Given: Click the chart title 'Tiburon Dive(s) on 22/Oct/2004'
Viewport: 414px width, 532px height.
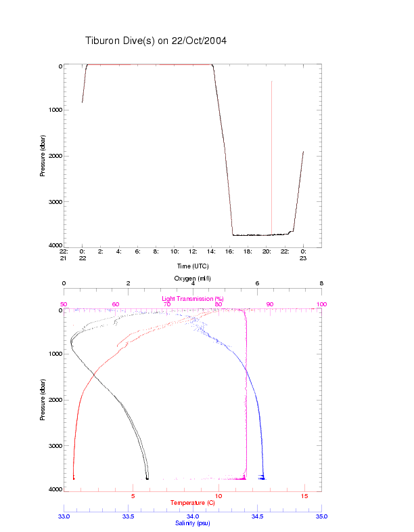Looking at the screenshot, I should [156, 41].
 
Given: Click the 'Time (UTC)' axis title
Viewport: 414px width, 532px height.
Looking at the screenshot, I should [192, 266].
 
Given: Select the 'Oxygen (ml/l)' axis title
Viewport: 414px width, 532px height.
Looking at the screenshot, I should [193, 279].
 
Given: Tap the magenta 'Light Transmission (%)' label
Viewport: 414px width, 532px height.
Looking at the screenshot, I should [192, 298].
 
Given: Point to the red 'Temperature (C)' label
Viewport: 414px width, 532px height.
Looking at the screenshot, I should [192, 503].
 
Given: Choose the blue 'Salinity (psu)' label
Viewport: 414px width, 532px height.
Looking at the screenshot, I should [192, 523].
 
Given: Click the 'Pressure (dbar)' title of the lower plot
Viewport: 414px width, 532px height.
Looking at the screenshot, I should [43, 400].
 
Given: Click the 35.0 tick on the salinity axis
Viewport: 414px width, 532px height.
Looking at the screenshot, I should [321, 516].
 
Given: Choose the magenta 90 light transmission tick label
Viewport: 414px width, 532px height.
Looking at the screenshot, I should [270, 304].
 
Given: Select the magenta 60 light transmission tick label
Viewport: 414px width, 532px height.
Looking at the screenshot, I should [116, 304].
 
